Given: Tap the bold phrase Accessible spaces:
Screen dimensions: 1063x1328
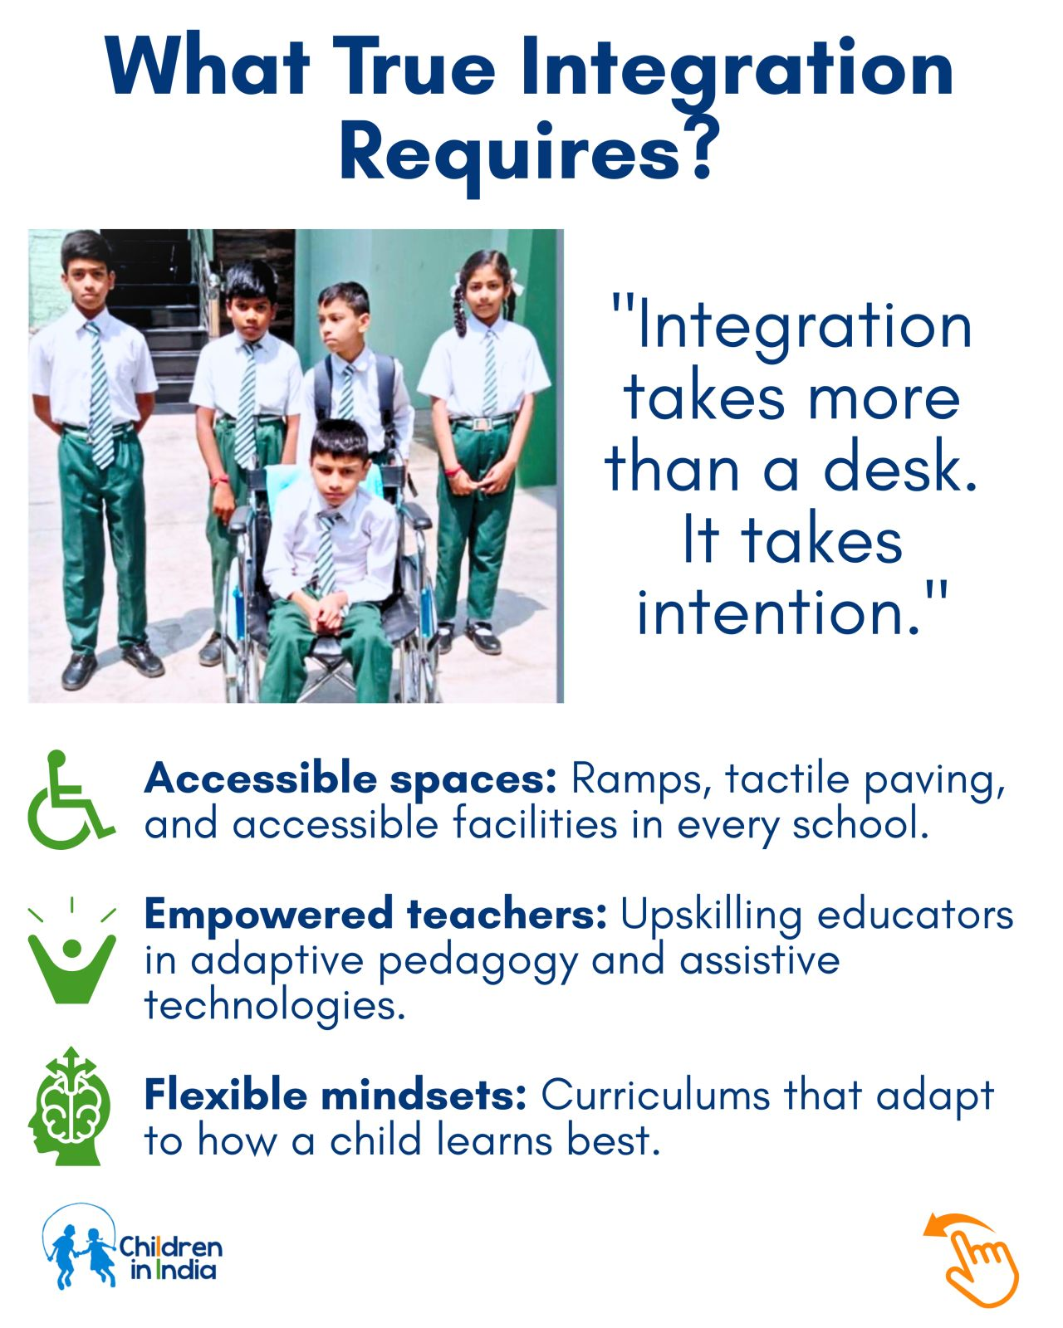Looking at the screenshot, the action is pos(350,779).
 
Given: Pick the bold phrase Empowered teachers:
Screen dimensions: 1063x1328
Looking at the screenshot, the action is pos(375,915).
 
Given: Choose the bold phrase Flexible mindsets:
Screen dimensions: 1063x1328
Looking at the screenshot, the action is pos(336,1096).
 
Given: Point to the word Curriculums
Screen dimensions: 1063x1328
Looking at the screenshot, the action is pos(655,1096).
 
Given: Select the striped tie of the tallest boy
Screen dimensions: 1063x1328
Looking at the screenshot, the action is pos(100,395).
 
